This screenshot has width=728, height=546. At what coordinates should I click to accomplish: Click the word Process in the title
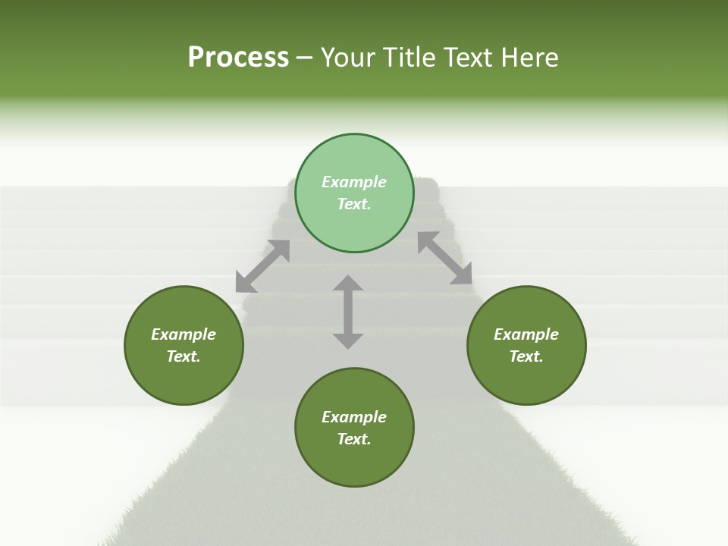coord(238,58)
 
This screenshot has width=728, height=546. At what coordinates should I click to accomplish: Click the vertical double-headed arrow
coord(348,312)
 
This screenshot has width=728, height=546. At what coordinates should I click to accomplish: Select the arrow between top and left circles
coord(262,266)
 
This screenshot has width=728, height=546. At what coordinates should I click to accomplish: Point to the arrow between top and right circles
coord(445,258)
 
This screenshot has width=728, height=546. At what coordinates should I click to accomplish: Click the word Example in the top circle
coord(354,182)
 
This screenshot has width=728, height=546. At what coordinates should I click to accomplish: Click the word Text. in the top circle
coord(354,204)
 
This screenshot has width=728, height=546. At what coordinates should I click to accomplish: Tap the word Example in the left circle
coord(184,334)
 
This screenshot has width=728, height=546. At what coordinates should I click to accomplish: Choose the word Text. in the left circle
coord(184,356)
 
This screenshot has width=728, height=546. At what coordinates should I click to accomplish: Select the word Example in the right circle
coord(526,334)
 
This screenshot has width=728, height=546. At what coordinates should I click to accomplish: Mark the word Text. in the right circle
coord(526,356)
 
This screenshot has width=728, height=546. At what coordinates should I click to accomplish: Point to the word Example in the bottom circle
coord(354,417)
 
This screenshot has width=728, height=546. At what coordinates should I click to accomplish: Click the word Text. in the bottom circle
coord(354,439)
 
